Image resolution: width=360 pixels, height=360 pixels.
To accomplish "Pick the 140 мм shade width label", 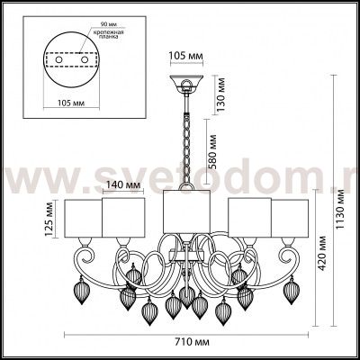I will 124,186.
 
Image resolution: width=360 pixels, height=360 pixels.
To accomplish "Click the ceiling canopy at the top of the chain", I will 188,86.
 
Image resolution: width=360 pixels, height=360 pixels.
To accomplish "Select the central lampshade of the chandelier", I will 187,215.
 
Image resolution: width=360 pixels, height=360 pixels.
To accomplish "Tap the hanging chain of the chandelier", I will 188,144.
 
